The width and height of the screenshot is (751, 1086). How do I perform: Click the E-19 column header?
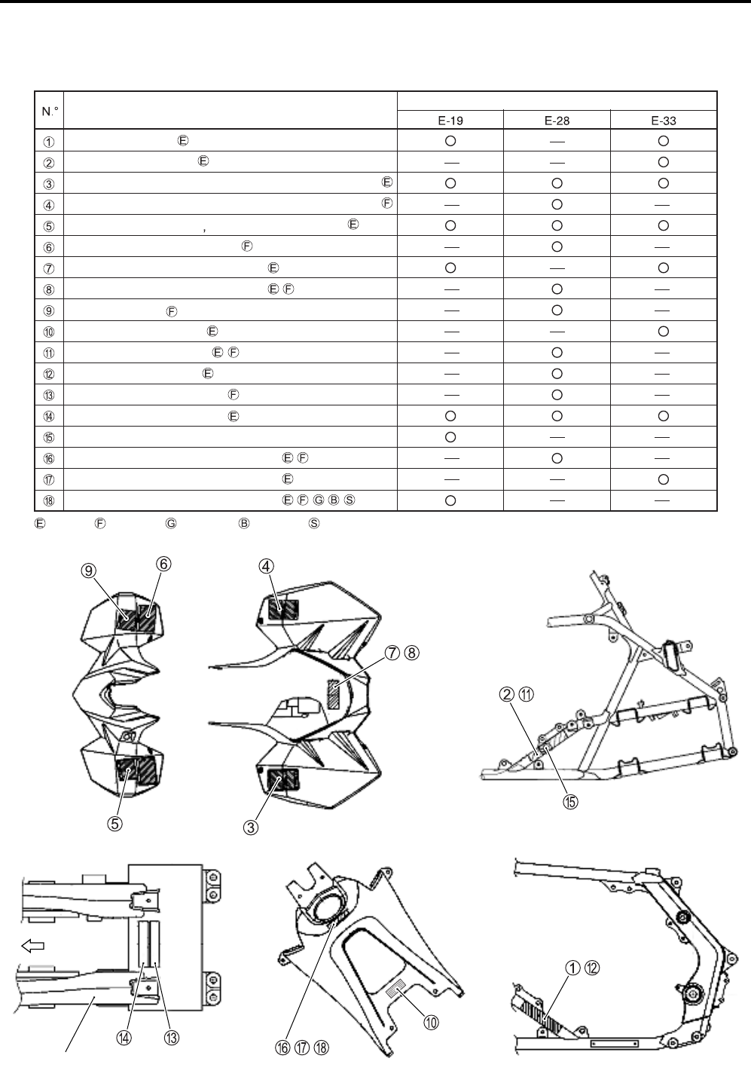450,120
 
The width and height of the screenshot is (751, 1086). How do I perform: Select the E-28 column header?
557,120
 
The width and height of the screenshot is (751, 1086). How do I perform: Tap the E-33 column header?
663,120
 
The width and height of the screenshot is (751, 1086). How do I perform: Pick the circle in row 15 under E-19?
450,436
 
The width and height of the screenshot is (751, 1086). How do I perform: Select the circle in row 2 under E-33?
663,161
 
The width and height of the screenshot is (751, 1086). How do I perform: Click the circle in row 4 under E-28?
557,203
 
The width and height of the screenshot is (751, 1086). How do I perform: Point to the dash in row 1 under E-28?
557,140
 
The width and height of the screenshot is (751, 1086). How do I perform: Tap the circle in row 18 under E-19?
450,500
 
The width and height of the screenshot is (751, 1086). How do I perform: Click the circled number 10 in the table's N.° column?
49,331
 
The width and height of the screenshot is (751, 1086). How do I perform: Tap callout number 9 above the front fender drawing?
88,571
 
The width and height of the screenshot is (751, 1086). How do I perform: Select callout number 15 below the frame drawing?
571,801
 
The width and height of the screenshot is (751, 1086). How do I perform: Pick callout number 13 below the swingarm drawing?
172,1037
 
